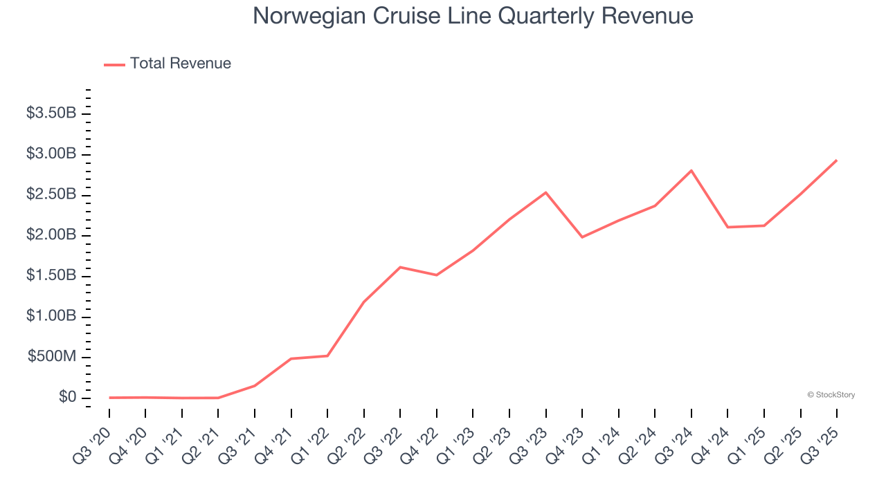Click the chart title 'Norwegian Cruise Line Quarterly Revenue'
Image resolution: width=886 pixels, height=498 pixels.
point(473,16)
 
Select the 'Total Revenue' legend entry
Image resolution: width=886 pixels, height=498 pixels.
point(180,64)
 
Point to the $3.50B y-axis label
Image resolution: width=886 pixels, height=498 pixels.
point(51,113)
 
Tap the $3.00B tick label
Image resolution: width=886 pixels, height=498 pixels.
point(51,154)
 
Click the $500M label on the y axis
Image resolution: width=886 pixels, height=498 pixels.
point(52,357)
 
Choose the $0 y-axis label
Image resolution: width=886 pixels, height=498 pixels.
point(67,397)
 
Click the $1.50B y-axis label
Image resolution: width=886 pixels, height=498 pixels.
point(51,275)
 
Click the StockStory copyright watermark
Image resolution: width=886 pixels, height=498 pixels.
point(831,395)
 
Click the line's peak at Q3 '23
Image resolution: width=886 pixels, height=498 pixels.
point(546,192)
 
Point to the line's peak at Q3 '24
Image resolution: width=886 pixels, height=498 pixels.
point(691,170)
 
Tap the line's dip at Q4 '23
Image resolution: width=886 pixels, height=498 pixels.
point(582,237)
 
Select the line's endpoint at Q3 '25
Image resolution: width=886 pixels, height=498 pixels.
point(836,160)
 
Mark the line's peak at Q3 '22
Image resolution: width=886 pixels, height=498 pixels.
point(401,267)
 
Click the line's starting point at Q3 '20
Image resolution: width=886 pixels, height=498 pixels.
point(110,398)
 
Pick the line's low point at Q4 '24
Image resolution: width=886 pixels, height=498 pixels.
point(727,227)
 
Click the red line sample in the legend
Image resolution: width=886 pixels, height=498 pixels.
point(114,64)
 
